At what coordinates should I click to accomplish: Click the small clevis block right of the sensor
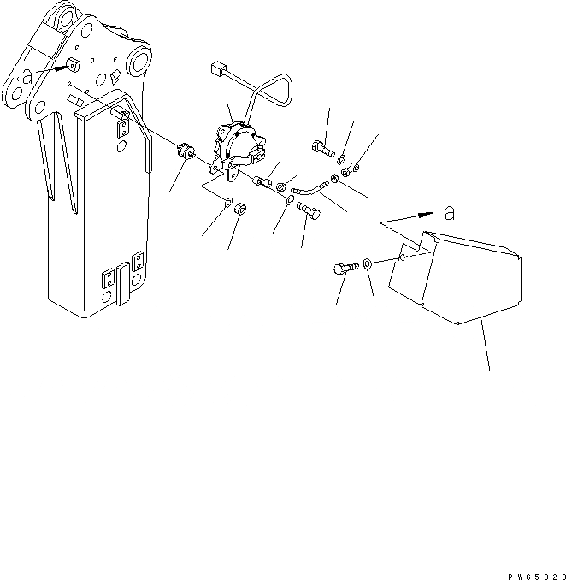pos(262,182)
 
